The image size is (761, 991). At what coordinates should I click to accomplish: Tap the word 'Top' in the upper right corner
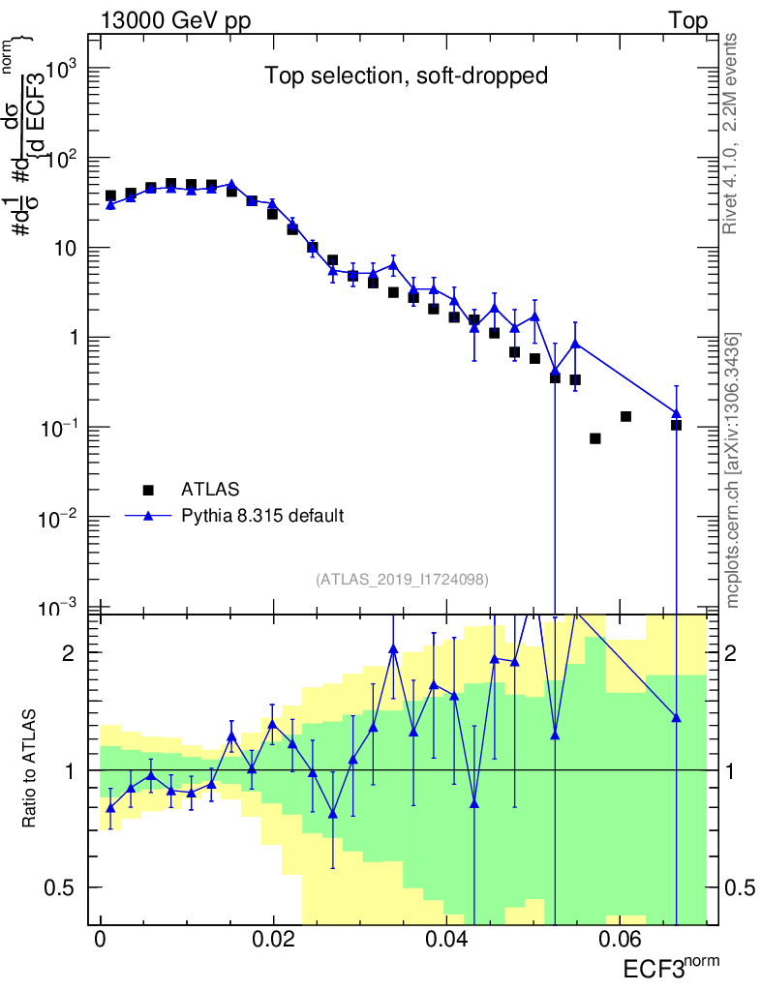click(687, 21)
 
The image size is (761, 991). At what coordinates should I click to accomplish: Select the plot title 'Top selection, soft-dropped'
click(407, 76)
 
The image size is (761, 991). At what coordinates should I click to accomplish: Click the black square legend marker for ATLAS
click(148, 489)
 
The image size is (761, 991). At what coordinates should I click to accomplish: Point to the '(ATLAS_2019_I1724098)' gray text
click(402, 579)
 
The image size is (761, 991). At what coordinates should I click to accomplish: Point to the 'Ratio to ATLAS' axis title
click(30, 768)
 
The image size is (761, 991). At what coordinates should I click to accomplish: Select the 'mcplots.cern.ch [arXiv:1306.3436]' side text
click(733, 470)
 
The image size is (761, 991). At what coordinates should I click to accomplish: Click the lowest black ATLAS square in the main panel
click(595, 438)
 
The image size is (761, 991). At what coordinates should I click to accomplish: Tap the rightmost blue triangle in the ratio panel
click(676, 717)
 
